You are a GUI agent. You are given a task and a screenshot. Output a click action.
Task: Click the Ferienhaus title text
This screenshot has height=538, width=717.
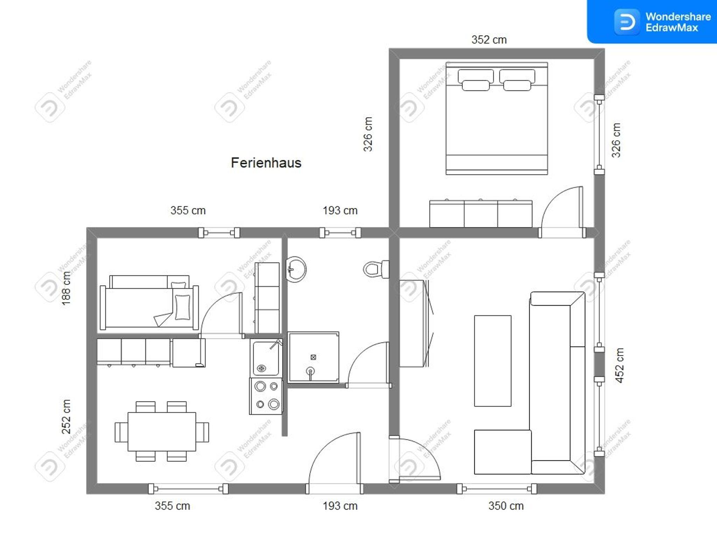[266, 163]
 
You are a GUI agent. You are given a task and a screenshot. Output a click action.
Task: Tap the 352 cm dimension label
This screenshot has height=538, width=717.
[489, 40]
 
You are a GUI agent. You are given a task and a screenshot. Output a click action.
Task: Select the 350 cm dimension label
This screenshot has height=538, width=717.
[506, 506]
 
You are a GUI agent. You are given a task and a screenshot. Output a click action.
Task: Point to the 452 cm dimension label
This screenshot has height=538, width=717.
[619, 365]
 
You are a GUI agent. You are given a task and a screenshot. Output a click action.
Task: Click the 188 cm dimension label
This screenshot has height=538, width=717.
[66, 288]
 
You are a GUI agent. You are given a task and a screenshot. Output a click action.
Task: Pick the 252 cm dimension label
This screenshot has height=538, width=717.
[66, 417]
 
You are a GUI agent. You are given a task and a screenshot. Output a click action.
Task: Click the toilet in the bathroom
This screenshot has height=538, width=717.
[376, 269]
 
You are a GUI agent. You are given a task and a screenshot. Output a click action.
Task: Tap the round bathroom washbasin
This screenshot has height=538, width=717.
[296, 269]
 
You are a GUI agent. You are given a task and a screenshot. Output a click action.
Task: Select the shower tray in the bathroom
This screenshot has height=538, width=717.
[313, 357]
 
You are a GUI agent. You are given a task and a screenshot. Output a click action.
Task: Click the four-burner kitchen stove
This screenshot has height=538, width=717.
[266, 396]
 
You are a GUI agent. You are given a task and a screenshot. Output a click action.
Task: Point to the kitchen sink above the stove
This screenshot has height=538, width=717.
[266, 358]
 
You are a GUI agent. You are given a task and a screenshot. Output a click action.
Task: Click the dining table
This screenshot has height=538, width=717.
[162, 432]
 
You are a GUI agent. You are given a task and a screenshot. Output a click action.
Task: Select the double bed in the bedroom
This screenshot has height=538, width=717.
[497, 118]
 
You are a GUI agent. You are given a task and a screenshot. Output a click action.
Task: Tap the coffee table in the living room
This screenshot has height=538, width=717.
[493, 361]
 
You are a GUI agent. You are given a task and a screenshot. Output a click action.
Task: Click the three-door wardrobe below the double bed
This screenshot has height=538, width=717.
[481, 213]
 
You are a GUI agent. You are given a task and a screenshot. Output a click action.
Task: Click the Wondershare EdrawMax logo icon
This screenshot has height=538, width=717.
[627, 22]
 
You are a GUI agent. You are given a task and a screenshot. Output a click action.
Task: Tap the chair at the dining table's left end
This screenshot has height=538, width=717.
[121, 432]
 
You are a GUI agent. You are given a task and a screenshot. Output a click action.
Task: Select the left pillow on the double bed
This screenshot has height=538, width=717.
[476, 80]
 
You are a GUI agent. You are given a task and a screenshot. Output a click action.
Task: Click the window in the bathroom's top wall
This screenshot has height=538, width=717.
[340, 233]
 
